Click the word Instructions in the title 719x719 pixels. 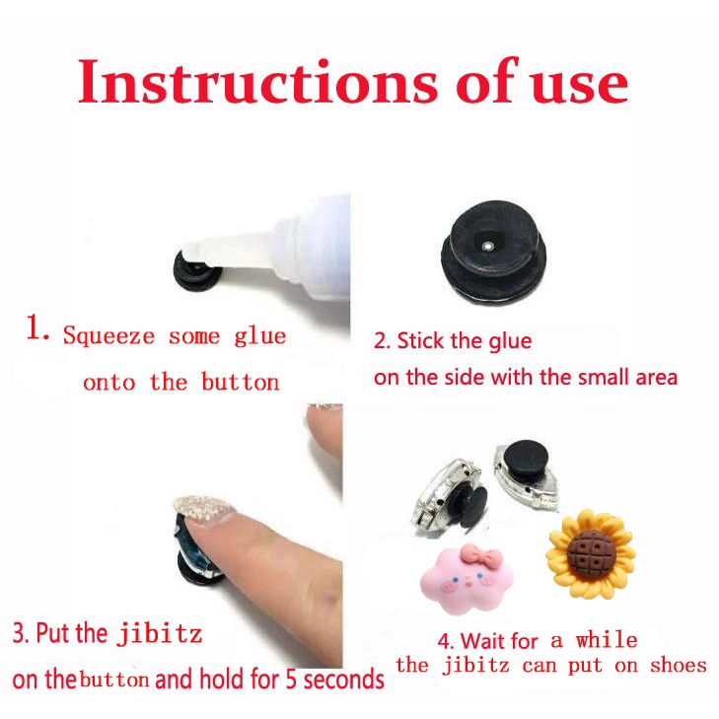(x=257, y=82)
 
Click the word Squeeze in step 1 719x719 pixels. (x=109, y=336)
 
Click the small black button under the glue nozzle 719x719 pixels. (x=197, y=272)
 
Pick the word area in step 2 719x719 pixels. (x=657, y=379)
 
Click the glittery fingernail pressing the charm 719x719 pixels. (x=204, y=509)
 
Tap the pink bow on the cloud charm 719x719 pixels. (x=481, y=555)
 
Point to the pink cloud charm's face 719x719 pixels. (x=466, y=583)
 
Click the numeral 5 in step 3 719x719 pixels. (x=291, y=680)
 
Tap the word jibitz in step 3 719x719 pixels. (x=160, y=634)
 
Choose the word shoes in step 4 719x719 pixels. (x=679, y=665)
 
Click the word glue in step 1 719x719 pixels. (x=260, y=337)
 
